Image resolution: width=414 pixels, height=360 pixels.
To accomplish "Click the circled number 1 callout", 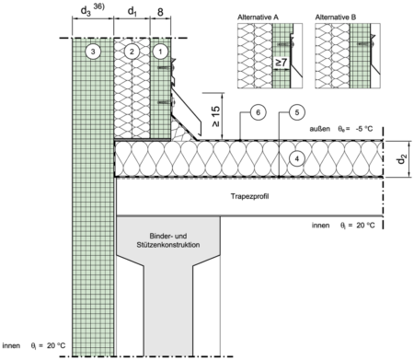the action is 160,52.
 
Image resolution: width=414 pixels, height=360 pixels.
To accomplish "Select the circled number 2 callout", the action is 132,52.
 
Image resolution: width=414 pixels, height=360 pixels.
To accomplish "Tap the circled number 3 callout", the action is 93,52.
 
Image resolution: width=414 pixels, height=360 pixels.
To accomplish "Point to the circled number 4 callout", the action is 296,158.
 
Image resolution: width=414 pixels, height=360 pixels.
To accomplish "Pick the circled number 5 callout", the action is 297,112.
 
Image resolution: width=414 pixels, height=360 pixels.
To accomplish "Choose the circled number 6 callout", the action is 258,112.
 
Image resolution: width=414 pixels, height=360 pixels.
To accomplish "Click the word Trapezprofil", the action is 249,196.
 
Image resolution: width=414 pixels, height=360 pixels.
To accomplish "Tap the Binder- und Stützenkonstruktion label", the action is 168,240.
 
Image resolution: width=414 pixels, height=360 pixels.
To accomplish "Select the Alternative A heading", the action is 258,17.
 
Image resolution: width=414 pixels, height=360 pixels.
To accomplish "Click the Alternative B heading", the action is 336,17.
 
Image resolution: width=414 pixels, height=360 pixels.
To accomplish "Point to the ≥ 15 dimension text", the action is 216,117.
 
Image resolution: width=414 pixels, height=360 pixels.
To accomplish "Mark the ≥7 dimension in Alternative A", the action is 281,63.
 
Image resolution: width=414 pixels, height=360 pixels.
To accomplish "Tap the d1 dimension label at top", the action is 132,12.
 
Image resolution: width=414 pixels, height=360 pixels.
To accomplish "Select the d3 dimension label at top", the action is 86,12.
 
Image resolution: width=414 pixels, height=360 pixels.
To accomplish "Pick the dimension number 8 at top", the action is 160,12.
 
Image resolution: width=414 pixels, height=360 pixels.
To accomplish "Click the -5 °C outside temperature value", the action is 364,129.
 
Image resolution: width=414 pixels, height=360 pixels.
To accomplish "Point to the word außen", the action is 319,129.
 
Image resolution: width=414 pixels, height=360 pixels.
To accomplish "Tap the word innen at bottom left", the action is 11,345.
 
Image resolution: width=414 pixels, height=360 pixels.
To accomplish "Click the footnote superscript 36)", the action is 98,6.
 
